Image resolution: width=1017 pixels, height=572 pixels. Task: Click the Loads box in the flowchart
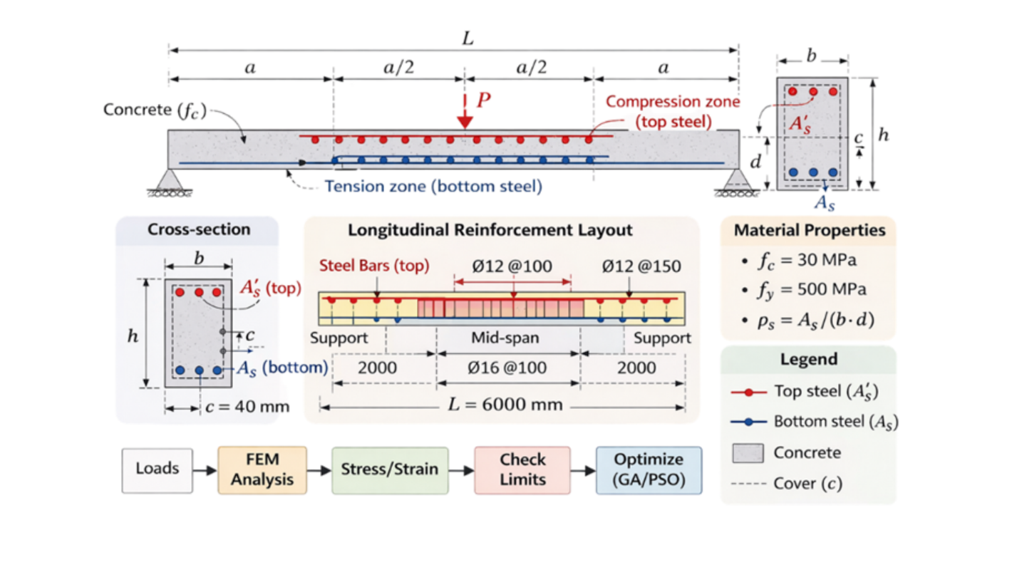[x=157, y=470]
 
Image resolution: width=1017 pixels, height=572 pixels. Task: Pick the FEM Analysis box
[x=262, y=470]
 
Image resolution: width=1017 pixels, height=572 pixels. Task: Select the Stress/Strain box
[x=390, y=470]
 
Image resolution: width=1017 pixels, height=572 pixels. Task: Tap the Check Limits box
[x=522, y=470]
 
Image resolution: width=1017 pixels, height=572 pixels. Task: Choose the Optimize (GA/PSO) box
[x=649, y=470]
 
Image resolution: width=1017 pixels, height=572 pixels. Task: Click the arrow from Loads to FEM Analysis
[x=205, y=470]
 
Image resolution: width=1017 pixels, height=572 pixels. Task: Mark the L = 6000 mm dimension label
[x=505, y=405]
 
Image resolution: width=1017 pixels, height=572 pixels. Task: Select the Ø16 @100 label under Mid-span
[x=507, y=368]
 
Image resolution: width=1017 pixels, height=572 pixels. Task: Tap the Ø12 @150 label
[x=641, y=266]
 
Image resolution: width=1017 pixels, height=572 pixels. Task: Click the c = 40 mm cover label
[x=247, y=406]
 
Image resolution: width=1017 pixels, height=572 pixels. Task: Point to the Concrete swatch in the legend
[x=748, y=453]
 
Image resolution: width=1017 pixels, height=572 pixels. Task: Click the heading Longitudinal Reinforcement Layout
[x=490, y=230]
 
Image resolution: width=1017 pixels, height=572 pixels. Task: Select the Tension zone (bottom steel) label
[x=433, y=187]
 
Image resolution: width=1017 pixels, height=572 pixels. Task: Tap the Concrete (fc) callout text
[x=155, y=110]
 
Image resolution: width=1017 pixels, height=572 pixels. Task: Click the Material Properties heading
[x=810, y=230]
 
